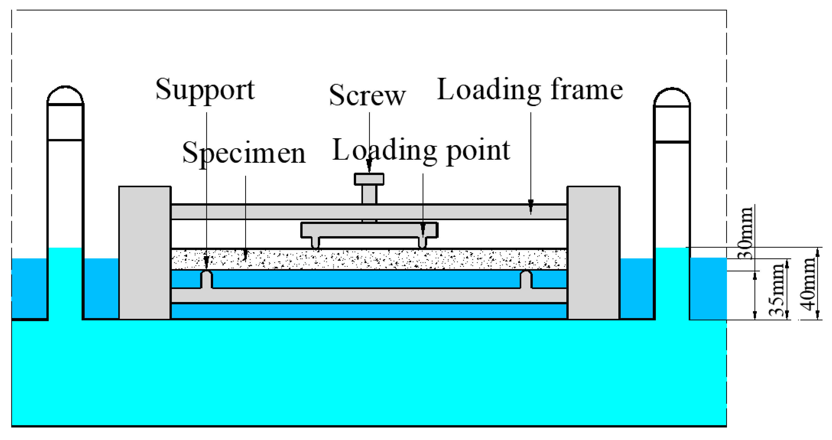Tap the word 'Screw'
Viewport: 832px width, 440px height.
pos(367,95)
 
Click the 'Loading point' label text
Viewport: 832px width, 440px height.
pos(421,151)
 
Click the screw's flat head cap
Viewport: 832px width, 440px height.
pos(369,179)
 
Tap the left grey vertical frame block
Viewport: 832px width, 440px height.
pos(145,253)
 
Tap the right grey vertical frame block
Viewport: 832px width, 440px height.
pos(593,253)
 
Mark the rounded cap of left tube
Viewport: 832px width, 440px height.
pos(65,96)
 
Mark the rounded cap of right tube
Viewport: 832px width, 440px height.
pos(672,97)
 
